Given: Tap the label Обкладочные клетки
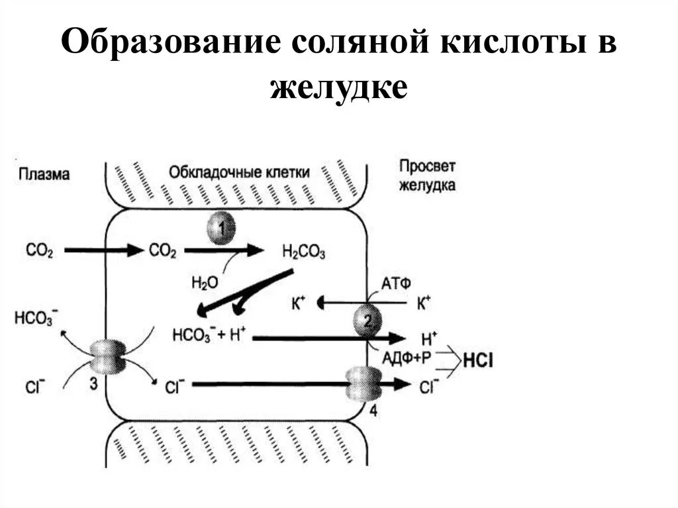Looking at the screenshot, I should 239,172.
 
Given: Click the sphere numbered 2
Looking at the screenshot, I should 367,323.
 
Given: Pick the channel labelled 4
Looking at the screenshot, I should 363,384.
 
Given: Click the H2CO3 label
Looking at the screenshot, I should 303,251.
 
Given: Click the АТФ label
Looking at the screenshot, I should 397,283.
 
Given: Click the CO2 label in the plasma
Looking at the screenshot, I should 39,250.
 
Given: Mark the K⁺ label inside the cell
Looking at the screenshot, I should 299,304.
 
